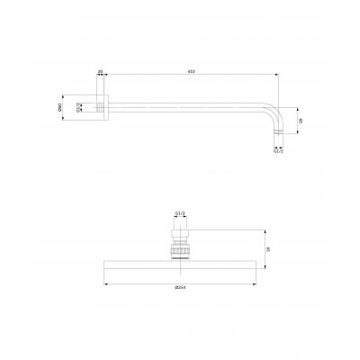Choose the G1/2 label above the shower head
(x=179, y=213)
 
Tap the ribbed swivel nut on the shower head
(x=179, y=245)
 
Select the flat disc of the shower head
(x=179, y=265)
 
